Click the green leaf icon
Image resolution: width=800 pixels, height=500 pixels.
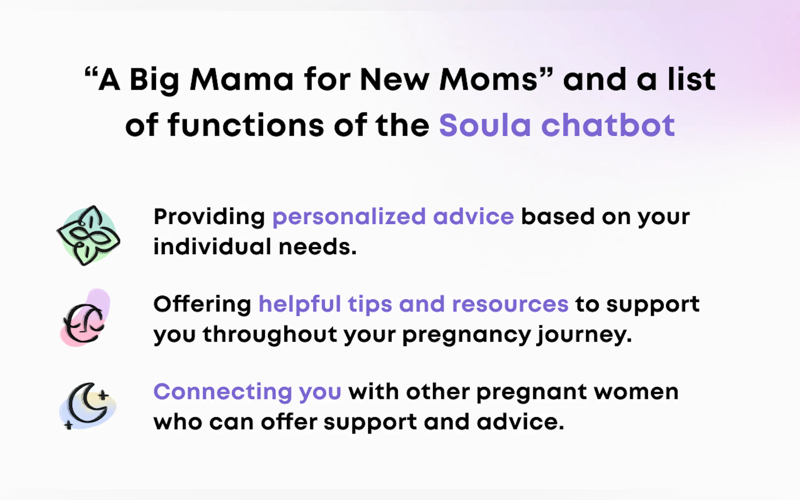tap(88, 236)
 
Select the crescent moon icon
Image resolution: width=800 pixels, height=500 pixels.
tap(88, 406)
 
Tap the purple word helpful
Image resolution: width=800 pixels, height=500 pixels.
tap(300, 304)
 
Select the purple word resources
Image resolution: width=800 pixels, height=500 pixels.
tap(510, 305)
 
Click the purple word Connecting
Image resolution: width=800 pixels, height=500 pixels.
tap(223, 393)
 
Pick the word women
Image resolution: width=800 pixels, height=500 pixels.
tap(636, 393)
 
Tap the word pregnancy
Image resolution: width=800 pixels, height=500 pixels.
tap(467, 336)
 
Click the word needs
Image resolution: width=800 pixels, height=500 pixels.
tap(318, 247)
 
